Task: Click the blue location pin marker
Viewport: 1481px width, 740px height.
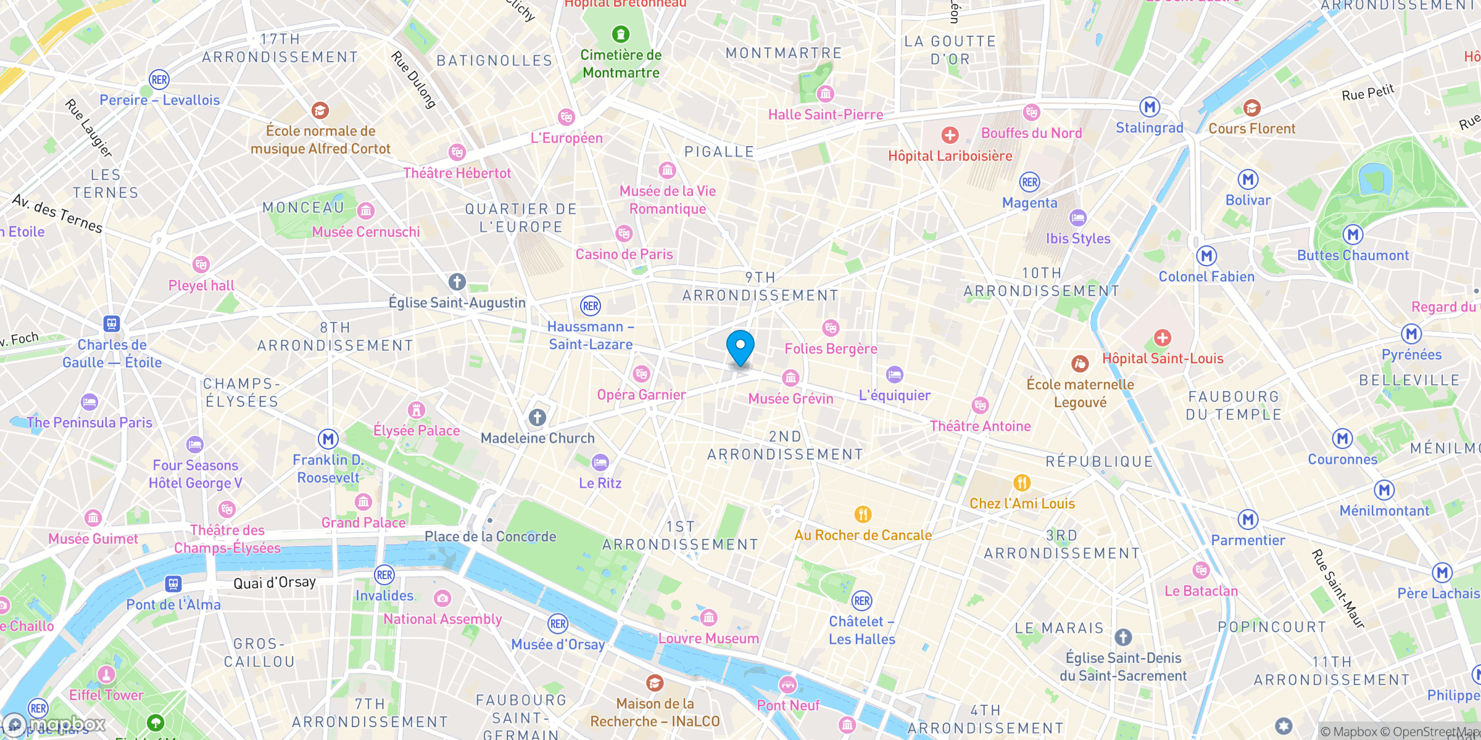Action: coord(740,347)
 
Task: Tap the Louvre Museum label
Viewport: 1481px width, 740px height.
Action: coord(708,638)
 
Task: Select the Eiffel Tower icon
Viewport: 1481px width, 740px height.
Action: coord(106,675)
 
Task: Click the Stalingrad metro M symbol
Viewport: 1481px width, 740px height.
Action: coord(1149,107)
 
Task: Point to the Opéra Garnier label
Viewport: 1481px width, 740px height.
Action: coord(641,395)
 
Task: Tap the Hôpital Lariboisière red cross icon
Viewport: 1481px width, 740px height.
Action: coord(950,135)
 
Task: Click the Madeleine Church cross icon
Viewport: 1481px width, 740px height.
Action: coord(537,417)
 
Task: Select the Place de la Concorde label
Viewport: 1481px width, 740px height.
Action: coord(490,536)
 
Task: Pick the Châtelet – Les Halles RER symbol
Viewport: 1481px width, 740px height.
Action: coord(861,601)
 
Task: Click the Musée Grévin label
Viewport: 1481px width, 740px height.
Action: coord(790,399)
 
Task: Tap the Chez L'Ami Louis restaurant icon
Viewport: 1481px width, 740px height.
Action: coord(1022,483)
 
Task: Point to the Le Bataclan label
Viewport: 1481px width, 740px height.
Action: coord(1201,591)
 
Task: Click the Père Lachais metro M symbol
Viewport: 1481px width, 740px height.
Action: coord(1442,573)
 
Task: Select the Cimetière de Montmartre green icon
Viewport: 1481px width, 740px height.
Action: coord(621,34)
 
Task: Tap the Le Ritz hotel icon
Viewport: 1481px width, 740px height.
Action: coord(600,462)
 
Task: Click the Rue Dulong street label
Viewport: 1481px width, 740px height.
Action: coord(414,80)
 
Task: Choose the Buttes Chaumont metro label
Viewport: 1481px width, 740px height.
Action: coord(1353,255)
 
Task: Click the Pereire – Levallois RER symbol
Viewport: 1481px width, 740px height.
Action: coord(159,80)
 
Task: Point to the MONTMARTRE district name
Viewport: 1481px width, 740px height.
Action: coord(784,53)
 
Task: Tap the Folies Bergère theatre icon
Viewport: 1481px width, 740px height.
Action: coord(831,328)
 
